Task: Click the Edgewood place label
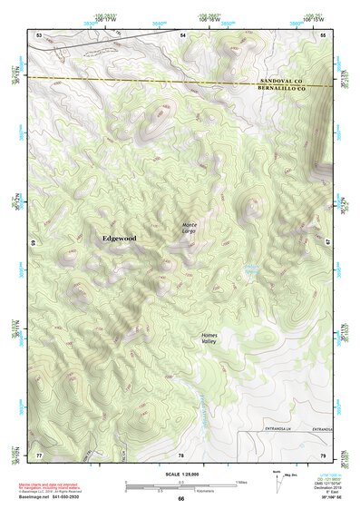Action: click(118, 238)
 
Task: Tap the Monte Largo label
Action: click(190, 228)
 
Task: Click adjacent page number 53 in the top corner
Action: click(38, 34)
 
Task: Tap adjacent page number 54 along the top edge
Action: click(181, 34)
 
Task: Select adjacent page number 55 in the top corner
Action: click(323, 34)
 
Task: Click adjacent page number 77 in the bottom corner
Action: click(38, 454)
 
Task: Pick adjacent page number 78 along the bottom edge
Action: click(181, 454)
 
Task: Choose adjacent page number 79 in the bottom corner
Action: click(323, 454)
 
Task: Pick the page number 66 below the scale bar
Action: click(180, 499)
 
